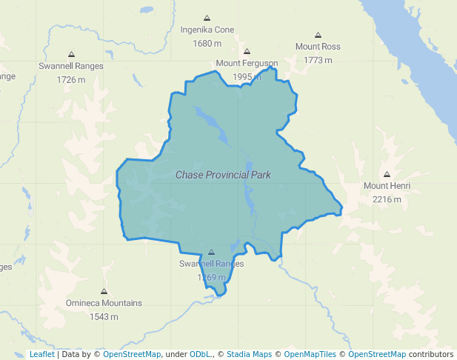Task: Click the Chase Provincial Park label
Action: click(x=223, y=175)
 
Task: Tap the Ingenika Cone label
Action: click(x=207, y=30)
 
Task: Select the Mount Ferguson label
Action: click(x=247, y=64)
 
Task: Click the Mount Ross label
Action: click(x=318, y=47)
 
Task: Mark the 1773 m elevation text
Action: click(x=318, y=60)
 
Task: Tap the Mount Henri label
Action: click(x=387, y=186)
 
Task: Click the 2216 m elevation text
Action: click(x=387, y=199)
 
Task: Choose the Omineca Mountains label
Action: click(x=104, y=303)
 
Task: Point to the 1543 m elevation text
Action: click(x=104, y=316)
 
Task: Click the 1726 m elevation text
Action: click(x=71, y=79)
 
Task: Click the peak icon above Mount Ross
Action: click(x=318, y=35)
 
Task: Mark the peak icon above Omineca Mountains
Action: click(x=104, y=291)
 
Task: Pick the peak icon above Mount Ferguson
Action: click(x=247, y=52)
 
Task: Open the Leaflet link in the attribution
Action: click(x=41, y=354)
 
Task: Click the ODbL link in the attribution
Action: click(x=199, y=354)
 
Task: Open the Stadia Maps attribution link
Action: click(x=249, y=354)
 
